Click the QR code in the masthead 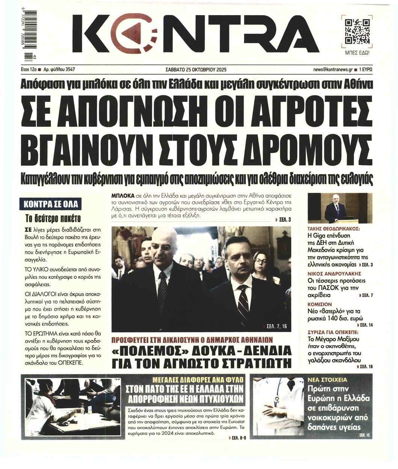coord(357,32)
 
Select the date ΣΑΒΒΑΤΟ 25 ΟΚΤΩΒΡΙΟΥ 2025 coord(196,70)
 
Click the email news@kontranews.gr coord(335,70)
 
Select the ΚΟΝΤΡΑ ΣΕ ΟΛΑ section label coord(51,204)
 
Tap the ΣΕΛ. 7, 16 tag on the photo coord(276,326)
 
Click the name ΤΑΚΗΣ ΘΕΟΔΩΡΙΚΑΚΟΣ coord(333,228)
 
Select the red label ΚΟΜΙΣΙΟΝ coord(320,304)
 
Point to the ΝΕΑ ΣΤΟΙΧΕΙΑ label coord(327,379)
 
